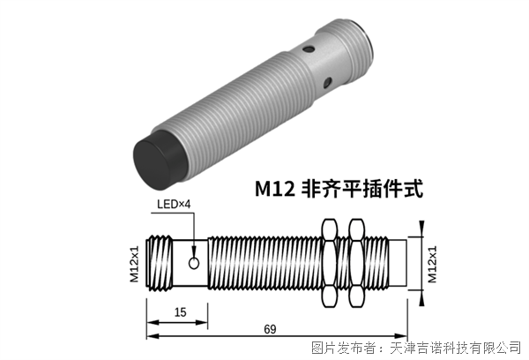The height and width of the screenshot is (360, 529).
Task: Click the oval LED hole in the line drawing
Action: (x=194, y=263)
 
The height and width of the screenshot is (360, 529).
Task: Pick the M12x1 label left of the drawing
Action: (x=135, y=264)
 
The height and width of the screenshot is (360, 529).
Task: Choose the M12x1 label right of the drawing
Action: (x=432, y=264)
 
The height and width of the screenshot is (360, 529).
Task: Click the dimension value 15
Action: (x=178, y=312)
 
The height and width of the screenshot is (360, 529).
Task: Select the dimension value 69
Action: (x=271, y=329)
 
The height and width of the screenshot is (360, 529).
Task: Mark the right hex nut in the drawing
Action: (x=358, y=263)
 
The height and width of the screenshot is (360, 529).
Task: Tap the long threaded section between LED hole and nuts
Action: (x=264, y=263)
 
